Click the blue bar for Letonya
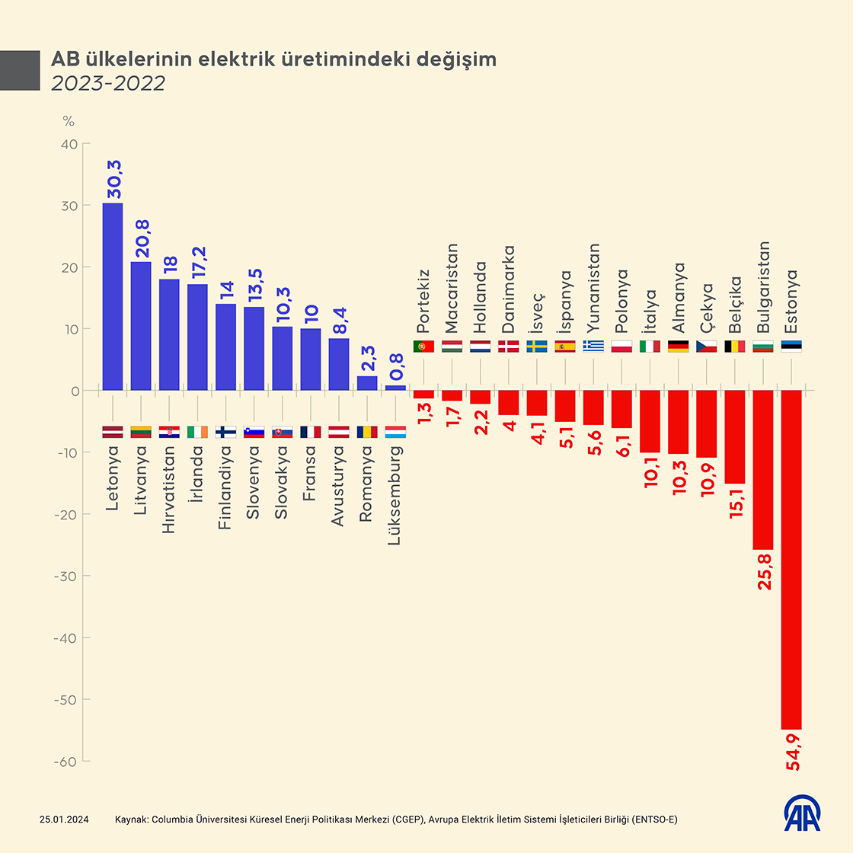(x=112, y=297)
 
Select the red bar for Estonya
(x=791, y=560)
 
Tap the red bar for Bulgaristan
(x=763, y=470)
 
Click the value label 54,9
(x=794, y=752)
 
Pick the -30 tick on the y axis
(x=66, y=576)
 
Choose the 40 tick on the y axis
(x=69, y=144)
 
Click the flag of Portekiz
(x=423, y=347)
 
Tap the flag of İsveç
(x=537, y=347)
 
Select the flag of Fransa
(x=311, y=432)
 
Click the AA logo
(x=803, y=814)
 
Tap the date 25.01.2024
(x=65, y=819)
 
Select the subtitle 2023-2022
(x=108, y=83)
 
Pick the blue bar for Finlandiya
(x=225, y=347)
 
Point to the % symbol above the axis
(x=69, y=120)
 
